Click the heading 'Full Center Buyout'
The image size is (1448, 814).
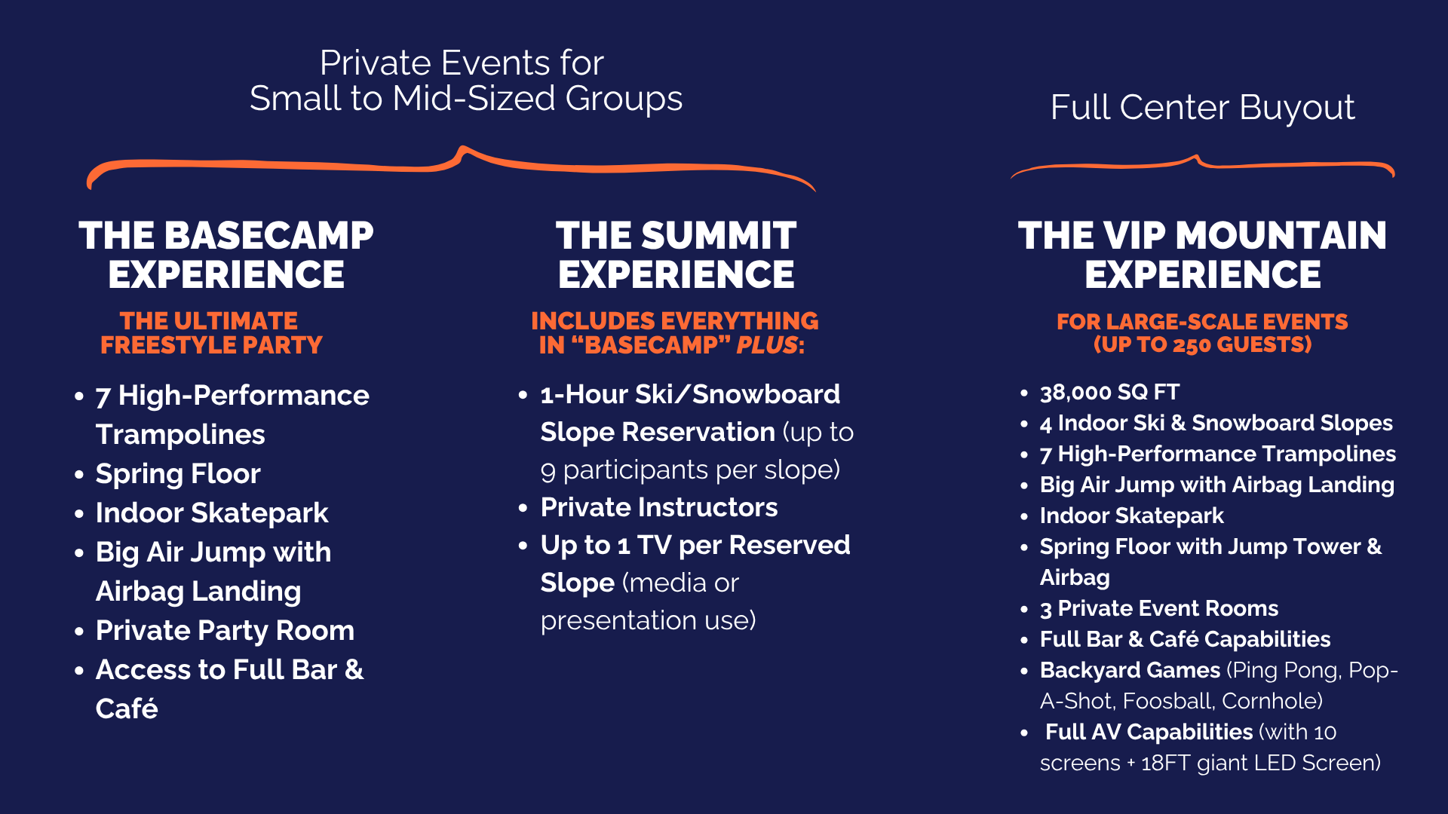(1202, 108)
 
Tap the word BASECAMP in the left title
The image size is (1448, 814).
(268, 236)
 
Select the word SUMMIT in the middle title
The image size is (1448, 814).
(719, 236)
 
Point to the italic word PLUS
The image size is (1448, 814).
(767, 345)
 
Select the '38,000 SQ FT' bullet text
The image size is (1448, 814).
(1109, 392)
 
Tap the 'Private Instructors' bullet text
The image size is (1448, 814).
(659, 507)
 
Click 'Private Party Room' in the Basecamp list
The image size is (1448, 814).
(225, 630)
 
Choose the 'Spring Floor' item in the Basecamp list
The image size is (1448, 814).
(178, 473)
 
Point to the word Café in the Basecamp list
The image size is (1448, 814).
(127, 708)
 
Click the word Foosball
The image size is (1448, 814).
(1168, 701)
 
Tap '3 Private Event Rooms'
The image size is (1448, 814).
(1159, 608)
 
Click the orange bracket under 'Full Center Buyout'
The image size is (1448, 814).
(1202, 165)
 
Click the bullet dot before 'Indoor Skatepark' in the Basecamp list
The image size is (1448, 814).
(79, 514)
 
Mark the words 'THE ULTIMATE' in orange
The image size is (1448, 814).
(208, 321)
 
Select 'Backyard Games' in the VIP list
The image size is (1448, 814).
(1130, 670)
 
